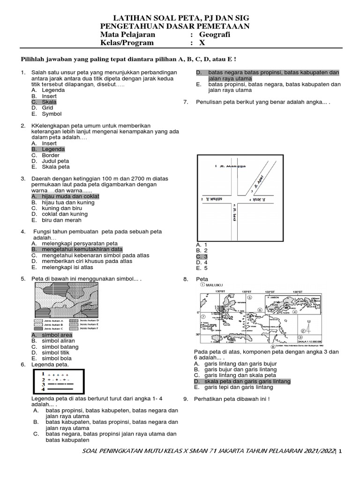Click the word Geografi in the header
tap(215, 34)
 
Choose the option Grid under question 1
tap(47, 108)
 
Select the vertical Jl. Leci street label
tap(233, 213)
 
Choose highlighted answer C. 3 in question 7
tap(202, 256)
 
